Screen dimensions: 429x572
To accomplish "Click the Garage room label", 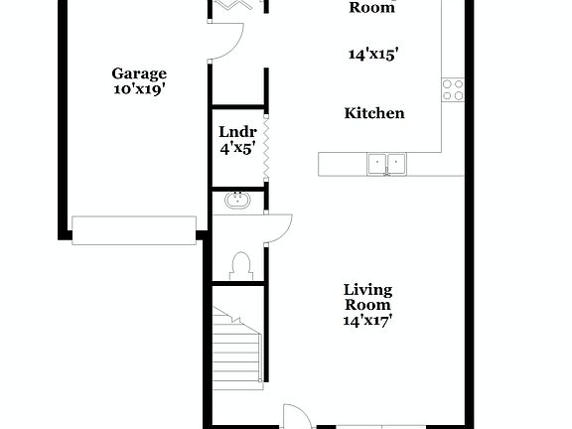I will click(x=139, y=73).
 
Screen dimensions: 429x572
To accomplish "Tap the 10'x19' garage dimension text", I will click(x=139, y=88).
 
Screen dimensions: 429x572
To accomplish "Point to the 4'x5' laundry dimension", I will click(x=237, y=149).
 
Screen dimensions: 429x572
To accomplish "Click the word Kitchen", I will click(x=374, y=113).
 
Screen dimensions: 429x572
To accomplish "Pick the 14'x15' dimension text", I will click(x=374, y=56).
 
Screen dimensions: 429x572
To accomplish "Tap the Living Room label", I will click(x=367, y=298).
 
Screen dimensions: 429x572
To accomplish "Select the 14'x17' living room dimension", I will click(x=367, y=321).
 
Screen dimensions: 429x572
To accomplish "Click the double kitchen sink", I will click(x=387, y=163).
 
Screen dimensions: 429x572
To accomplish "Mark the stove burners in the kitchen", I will click(x=454, y=89).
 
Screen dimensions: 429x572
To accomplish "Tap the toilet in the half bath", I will click(x=239, y=265).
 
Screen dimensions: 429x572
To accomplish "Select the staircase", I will click(x=236, y=348).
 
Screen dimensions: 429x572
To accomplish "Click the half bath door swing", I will click(x=279, y=225).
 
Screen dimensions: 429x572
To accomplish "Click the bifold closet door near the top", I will click(x=237, y=7).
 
